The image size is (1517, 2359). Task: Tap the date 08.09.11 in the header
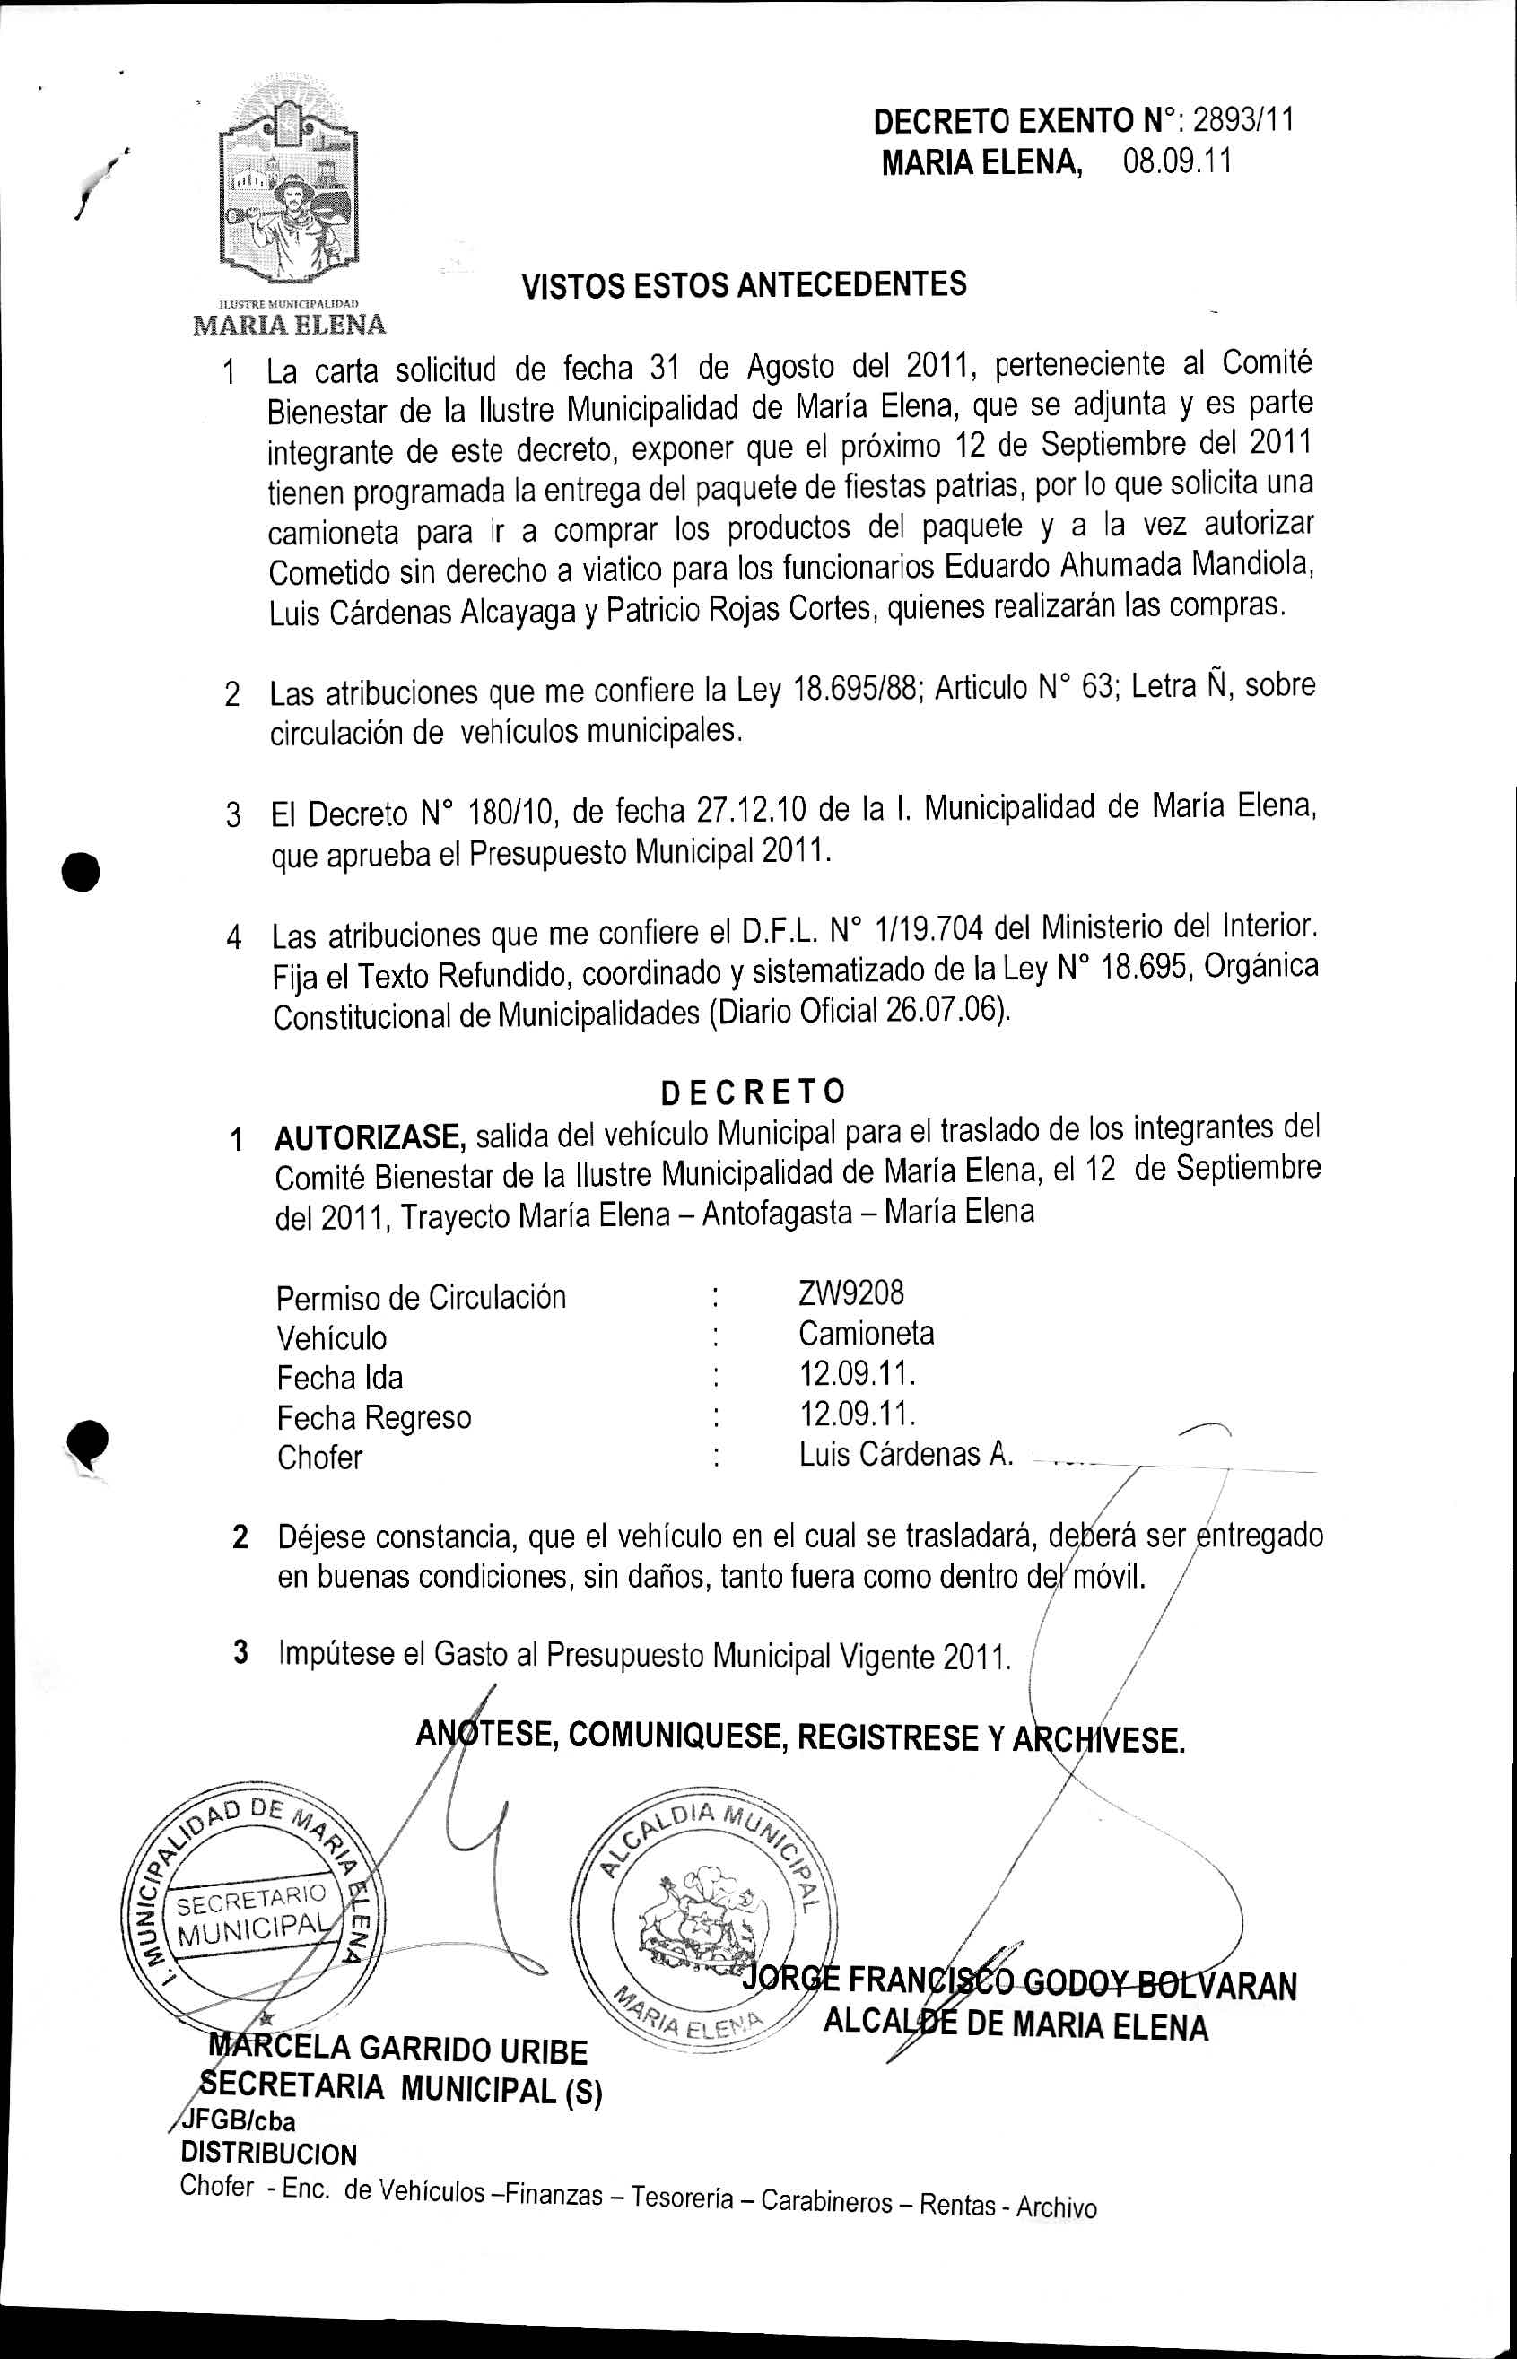(1177, 161)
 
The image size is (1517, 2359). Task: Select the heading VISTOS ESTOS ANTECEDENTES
(744, 284)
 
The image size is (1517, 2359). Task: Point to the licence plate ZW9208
(850, 1292)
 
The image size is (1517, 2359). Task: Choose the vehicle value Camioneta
(866, 1333)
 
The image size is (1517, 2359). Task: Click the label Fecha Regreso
(373, 1416)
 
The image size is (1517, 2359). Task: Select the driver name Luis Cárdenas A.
(905, 1454)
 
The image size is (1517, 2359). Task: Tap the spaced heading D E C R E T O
(753, 1092)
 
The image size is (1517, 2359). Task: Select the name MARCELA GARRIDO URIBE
(398, 2050)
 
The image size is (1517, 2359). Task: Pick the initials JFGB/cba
(237, 2120)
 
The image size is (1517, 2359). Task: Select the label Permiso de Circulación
(421, 1296)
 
